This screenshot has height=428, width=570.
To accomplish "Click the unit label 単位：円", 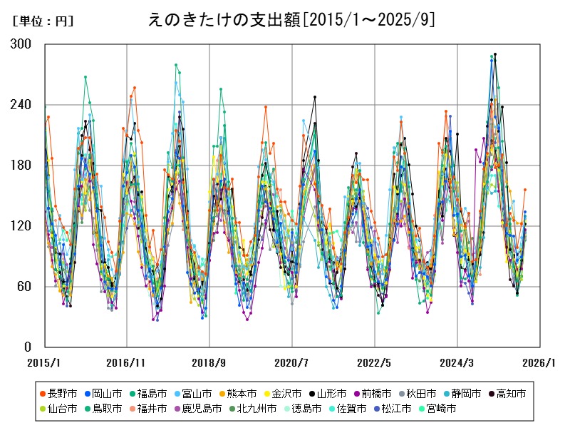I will [x=43, y=21].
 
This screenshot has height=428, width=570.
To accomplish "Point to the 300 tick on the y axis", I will [x=22, y=44].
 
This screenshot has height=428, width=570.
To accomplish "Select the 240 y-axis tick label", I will [x=22, y=105].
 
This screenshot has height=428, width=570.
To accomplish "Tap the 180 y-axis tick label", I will [x=22, y=165].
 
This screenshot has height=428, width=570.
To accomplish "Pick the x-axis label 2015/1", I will [x=44, y=362].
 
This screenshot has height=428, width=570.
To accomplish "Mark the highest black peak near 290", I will [x=495, y=54].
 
